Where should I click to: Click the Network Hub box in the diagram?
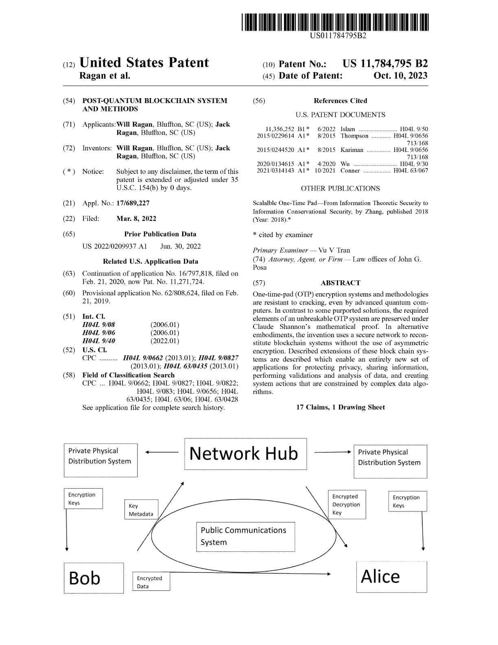(x=245, y=454)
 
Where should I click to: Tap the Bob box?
(x=94, y=578)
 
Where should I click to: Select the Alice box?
(x=391, y=577)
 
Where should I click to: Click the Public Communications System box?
(x=245, y=536)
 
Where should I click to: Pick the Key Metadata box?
(x=141, y=509)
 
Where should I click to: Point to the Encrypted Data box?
(x=151, y=582)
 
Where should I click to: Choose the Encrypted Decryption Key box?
(x=347, y=504)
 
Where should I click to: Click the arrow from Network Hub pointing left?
(x=162, y=452)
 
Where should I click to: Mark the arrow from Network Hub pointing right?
(x=332, y=452)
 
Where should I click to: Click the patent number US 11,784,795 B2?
(x=385, y=64)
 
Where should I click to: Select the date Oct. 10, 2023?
(x=400, y=76)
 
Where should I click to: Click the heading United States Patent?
(x=144, y=63)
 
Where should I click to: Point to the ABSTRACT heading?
(x=340, y=283)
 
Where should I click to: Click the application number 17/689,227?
(x=133, y=203)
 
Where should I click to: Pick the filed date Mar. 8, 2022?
(x=136, y=218)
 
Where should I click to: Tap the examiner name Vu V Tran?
(x=334, y=250)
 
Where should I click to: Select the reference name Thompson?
(x=354, y=136)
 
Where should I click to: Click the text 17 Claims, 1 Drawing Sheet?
(x=340, y=407)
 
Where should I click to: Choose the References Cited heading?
(x=340, y=101)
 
